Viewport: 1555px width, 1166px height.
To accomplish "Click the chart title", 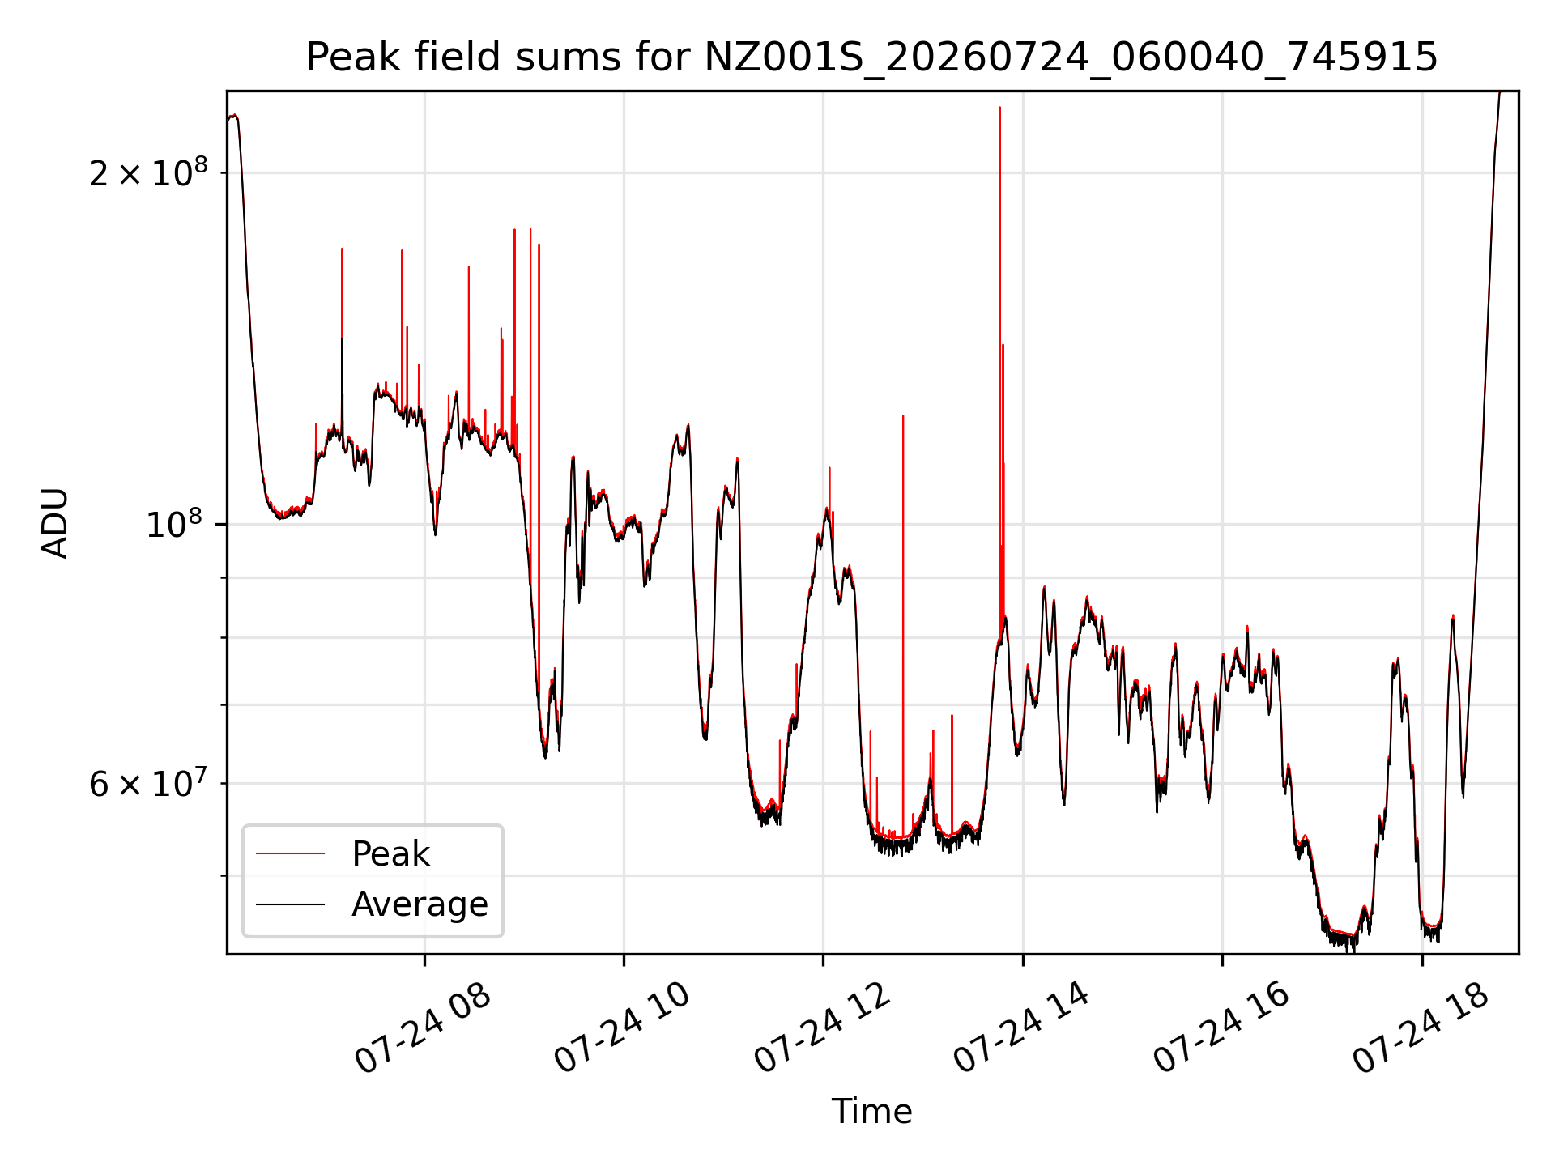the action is coord(872,57).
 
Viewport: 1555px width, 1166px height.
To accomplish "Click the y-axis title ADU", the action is coord(55,523).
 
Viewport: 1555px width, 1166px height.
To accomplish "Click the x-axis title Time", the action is coord(872,1112).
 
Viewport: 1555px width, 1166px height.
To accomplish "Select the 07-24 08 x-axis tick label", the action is coord(423,1029).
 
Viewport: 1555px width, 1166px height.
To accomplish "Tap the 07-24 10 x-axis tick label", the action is coord(622,1029).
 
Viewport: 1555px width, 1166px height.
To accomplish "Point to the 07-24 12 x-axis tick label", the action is coord(822,1029).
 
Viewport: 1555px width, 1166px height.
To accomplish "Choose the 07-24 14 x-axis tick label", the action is coord(1021,1029).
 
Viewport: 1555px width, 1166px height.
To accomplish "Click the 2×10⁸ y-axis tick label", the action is coord(148,172).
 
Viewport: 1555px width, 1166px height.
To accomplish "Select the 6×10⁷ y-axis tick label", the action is coord(148,783).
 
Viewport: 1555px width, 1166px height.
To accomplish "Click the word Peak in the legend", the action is coord(390,854).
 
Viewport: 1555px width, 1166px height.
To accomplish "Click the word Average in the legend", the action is coord(420,904).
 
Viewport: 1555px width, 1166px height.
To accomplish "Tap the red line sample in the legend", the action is coord(290,853).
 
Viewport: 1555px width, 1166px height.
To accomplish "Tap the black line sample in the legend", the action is coord(290,904).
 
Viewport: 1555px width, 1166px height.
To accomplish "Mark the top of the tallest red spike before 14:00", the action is coord(999,107).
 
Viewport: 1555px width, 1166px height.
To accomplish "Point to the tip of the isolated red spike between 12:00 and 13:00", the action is coord(903,415).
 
